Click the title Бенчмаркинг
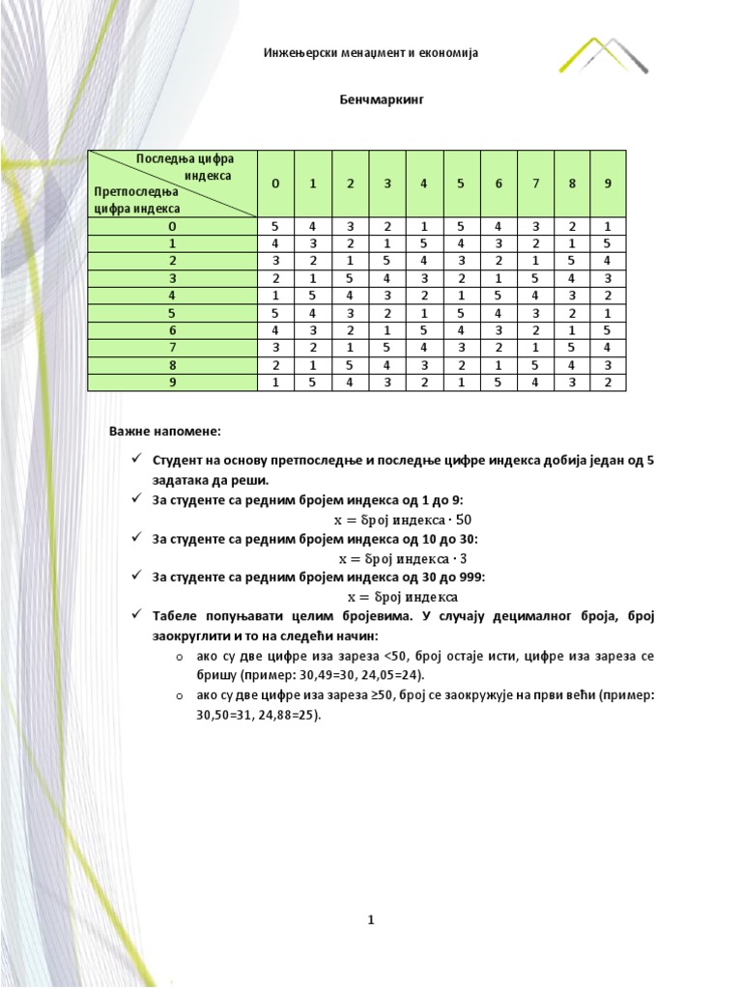click(371, 99)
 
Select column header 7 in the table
click(535, 184)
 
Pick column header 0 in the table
click(275, 184)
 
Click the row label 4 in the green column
click(172, 295)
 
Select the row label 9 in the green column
click(172, 381)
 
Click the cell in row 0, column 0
click(275, 226)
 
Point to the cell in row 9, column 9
click(608, 381)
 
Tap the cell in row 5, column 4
click(424, 313)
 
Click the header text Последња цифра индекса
click(184, 167)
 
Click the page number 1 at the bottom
click(370, 920)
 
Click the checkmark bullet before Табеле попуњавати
click(137, 616)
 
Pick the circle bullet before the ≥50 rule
click(180, 695)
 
